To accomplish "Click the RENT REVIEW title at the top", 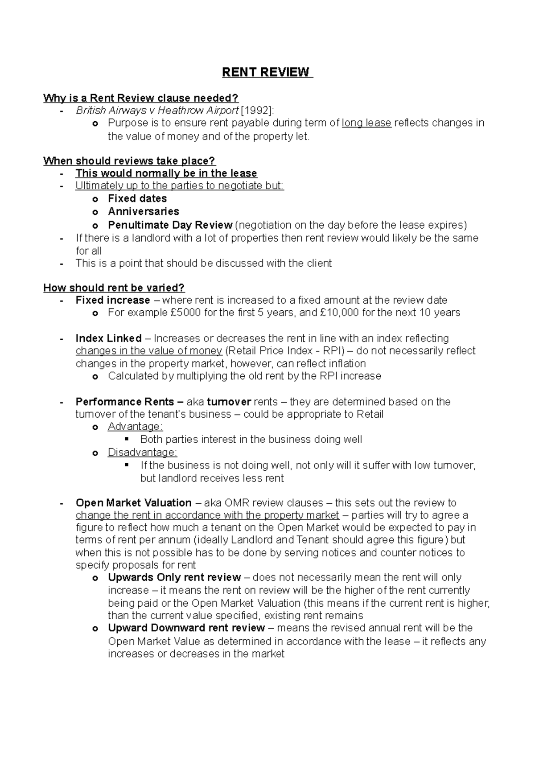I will click(x=266, y=72).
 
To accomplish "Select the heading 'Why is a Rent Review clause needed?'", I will click(x=141, y=98).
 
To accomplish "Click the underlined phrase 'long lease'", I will click(x=366, y=123).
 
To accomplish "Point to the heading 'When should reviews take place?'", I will click(x=129, y=161).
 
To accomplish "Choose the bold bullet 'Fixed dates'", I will click(x=137, y=198).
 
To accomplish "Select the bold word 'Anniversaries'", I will click(x=144, y=211).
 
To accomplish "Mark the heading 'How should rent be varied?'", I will click(x=114, y=288).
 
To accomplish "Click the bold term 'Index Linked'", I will click(x=109, y=338).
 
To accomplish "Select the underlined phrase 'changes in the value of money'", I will click(x=149, y=351).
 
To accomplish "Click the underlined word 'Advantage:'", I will click(x=135, y=427).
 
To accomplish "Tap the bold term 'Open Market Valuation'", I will click(x=134, y=503).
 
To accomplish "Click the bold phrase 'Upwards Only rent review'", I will click(x=174, y=577).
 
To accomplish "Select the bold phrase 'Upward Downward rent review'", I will click(x=186, y=628).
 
